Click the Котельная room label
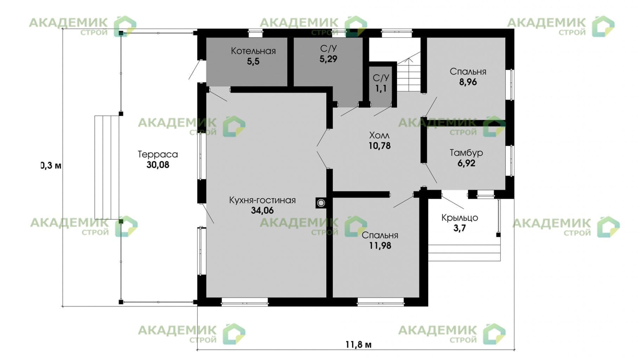[x=253, y=51]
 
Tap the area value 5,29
[x=328, y=59]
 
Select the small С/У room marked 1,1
[x=381, y=84]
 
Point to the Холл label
[x=379, y=135]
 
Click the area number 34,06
[x=262, y=211]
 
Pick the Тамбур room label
[x=466, y=153]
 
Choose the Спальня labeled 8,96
[x=468, y=77]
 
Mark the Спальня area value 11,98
[x=380, y=246]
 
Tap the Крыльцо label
[x=460, y=218]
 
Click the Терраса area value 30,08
[x=158, y=165]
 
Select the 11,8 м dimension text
[x=358, y=344]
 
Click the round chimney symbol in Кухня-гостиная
[x=321, y=203]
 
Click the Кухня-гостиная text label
[x=262, y=200]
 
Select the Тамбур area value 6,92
[x=466, y=163]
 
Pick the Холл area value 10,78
[x=379, y=146]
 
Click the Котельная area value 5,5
[x=253, y=62]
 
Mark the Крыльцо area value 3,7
[x=459, y=228]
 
